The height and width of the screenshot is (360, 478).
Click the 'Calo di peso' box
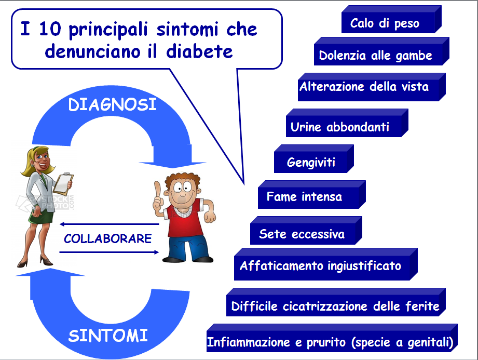pyautogui.click(x=391, y=20)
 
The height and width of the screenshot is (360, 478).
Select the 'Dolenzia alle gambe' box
pyautogui.click(x=381, y=51)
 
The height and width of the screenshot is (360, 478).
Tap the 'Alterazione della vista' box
pyautogui.click(x=372, y=87)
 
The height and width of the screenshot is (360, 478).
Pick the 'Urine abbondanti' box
pyautogui.click(x=347, y=123)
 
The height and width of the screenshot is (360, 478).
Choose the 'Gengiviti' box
pyautogui.click(x=313, y=159)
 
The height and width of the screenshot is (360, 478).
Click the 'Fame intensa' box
pyautogui.click(x=311, y=195)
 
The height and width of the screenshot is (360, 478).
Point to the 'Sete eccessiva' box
pyautogui.click(x=306, y=231)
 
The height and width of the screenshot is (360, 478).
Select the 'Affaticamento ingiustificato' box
pyautogui.click(x=325, y=264)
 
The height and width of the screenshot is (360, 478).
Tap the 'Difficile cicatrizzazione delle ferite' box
pyautogui.click(x=336, y=302)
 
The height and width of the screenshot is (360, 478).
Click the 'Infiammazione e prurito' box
pyautogui.click(x=332, y=338)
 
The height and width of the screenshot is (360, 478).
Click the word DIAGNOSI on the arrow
pyautogui.click(x=112, y=104)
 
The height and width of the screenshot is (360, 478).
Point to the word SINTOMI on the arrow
pyautogui.click(x=108, y=336)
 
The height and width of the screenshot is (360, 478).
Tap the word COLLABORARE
pyautogui.click(x=107, y=238)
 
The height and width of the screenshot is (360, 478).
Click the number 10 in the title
pyautogui.click(x=50, y=29)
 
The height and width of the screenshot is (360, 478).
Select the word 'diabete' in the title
pyautogui.click(x=199, y=51)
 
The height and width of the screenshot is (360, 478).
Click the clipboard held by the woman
pyautogui.click(x=64, y=184)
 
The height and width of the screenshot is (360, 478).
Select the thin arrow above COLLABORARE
pyautogui.click(x=110, y=224)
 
